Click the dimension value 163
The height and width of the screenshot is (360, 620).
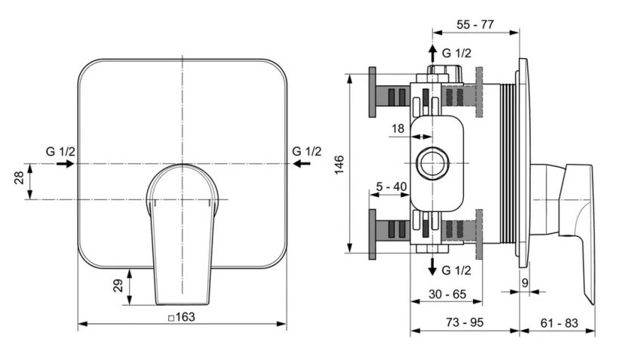pyautogui.click(x=186, y=317)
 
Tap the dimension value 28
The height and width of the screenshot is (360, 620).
pyautogui.click(x=20, y=177)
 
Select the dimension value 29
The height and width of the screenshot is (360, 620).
pyautogui.click(x=118, y=285)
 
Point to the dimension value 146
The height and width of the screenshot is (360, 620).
pyautogui.click(x=339, y=165)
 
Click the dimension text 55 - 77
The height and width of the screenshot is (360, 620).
pyautogui.click(x=475, y=24)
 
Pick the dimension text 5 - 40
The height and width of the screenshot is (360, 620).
pyautogui.click(x=391, y=186)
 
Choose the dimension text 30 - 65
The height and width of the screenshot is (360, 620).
pyautogui.click(x=447, y=294)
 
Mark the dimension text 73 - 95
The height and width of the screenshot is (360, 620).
pyautogui.click(x=465, y=322)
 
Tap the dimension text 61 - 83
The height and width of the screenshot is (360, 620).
pyautogui.click(x=559, y=323)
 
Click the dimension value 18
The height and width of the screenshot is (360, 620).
pyautogui.click(x=398, y=128)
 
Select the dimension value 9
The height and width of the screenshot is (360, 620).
pyautogui.click(x=525, y=283)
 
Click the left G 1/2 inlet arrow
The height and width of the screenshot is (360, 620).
pyautogui.click(x=65, y=163)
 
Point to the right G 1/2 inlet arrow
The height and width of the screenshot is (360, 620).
pyautogui.click(x=302, y=163)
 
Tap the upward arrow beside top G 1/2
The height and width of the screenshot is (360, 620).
pyautogui.click(x=433, y=54)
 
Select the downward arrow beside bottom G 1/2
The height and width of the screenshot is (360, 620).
pyautogui.click(x=433, y=266)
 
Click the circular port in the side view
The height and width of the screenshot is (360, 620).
pyautogui.click(x=433, y=163)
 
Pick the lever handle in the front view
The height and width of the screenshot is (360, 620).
pyautogui.click(x=182, y=234)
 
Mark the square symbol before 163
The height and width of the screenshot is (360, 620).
pyautogui.click(x=172, y=318)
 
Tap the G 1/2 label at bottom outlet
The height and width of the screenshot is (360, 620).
pyautogui.click(x=456, y=271)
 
